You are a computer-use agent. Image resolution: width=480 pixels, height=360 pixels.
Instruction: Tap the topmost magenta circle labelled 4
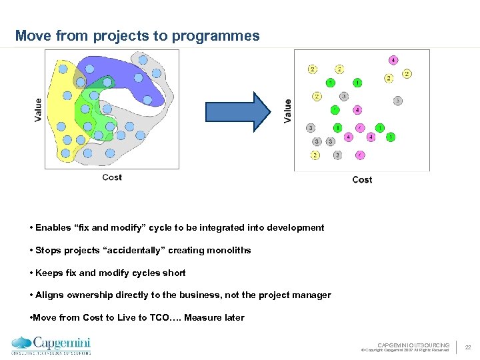(x=393, y=60)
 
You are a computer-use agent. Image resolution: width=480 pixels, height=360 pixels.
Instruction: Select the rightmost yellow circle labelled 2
(x=407, y=73)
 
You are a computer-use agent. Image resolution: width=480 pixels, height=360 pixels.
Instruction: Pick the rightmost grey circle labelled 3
(x=397, y=101)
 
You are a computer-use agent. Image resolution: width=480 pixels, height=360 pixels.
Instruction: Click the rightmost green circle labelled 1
(x=391, y=137)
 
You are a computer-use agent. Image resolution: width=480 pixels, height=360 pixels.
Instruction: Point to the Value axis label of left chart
(x=38, y=110)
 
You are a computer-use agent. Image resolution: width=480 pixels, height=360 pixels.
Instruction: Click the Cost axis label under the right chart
(x=362, y=179)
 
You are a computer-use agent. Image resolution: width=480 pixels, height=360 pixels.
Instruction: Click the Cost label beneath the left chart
(x=112, y=177)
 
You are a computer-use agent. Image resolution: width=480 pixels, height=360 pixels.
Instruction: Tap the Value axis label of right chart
(x=287, y=111)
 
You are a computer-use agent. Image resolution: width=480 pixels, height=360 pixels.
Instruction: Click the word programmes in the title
(x=215, y=36)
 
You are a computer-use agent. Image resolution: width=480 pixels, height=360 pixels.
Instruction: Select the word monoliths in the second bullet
(x=229, y=250)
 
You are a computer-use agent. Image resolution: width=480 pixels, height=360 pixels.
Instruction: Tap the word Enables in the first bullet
(x=53, y=227)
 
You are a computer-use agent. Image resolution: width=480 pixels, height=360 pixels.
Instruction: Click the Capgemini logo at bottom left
(x=51, y=345)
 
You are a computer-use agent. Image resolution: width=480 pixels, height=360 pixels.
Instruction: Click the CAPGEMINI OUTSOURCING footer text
(x=413, y=345)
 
